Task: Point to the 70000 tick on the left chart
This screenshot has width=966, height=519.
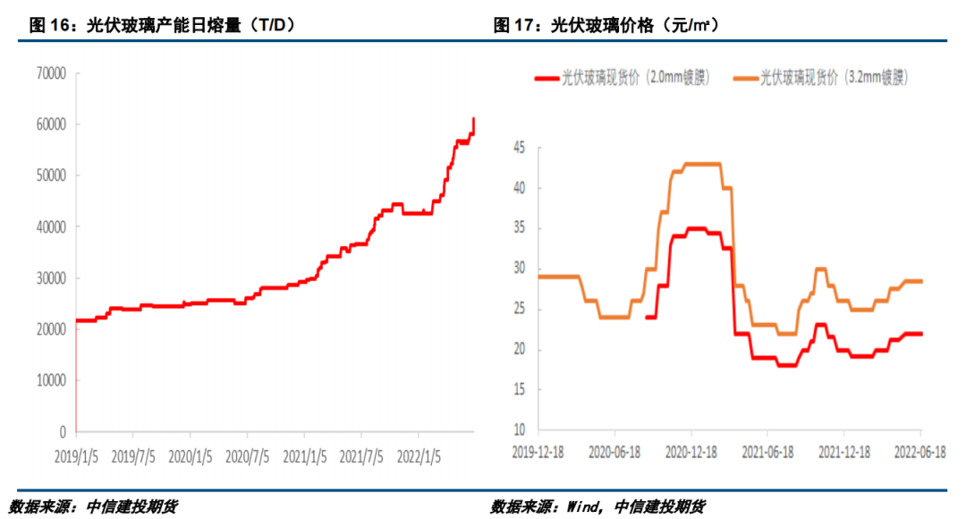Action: [x=51, y=72]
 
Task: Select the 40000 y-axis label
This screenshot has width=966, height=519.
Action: [x=51, y=226]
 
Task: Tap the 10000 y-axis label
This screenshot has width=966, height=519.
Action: [x=51, y=380]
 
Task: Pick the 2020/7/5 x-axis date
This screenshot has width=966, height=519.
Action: [x=247, y=455]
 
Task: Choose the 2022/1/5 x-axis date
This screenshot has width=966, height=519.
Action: [x=419, y=455]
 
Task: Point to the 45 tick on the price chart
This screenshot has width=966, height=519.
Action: [x=519, y=148]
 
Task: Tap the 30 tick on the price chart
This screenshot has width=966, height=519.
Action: [x=519, y=268]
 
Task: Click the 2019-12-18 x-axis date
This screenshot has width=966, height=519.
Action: [x=538, y=452]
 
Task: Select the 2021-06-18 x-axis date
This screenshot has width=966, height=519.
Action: [x=768, y=452]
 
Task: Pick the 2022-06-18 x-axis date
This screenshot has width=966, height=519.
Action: [x=920, y=452]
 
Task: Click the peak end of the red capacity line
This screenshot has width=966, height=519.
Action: [x=474, y=119]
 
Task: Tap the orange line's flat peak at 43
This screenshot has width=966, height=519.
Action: [x=702, y=164]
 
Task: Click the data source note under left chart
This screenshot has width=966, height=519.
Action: [x=93, y=506]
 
